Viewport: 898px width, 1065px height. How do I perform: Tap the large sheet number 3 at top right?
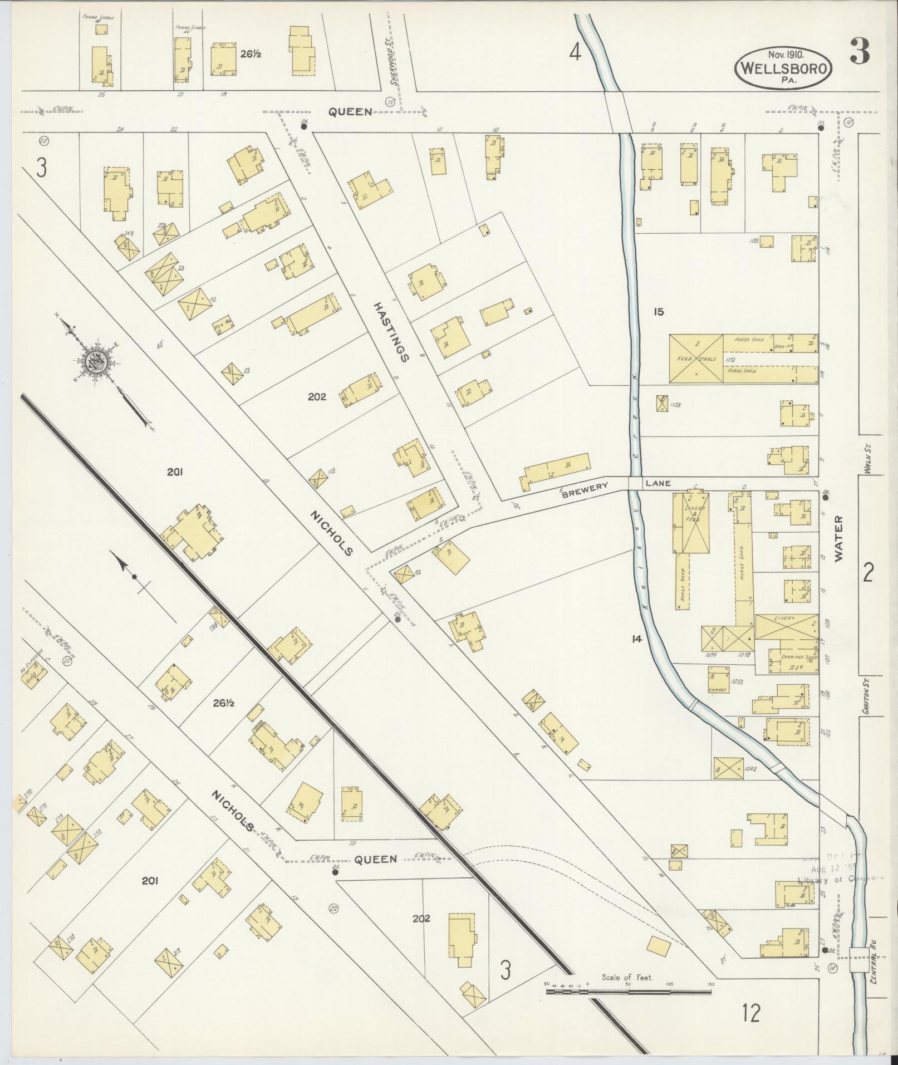[x=860, y=53]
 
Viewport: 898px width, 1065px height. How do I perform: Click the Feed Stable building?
[x=695, y=359]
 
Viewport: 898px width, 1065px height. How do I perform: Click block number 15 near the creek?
[x=659, y=312]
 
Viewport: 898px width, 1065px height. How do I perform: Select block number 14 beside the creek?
[x=636, y=639]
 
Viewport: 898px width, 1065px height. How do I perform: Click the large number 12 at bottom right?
[x=750, y=1013]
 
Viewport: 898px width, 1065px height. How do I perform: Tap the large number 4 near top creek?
[x=575, y=53]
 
